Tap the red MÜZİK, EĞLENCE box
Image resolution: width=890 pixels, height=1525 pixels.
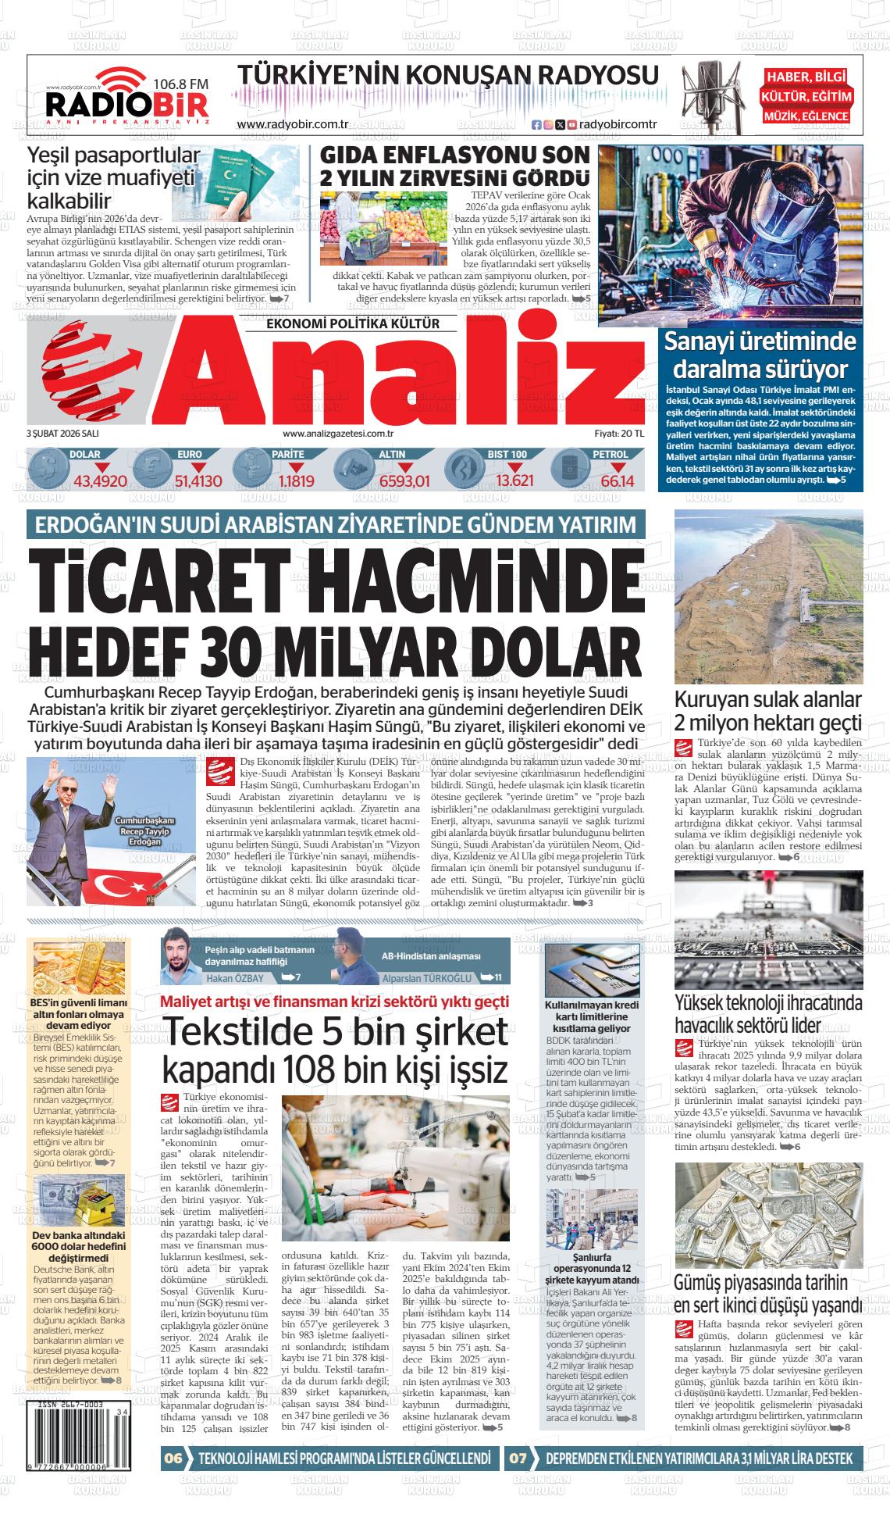tap(806, 116)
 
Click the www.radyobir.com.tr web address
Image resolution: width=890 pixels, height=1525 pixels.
tap(292, 125)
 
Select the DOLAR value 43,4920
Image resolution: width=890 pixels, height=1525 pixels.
tap(100, 481)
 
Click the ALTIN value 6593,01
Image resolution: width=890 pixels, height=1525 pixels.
tap(405, 481)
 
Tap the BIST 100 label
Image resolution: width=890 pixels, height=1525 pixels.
tap(507, 454)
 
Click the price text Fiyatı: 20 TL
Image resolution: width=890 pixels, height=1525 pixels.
tap(619, 433)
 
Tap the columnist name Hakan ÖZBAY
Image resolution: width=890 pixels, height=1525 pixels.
tap(234, 978)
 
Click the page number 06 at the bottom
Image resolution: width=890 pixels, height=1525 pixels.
tap(173, 1458)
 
